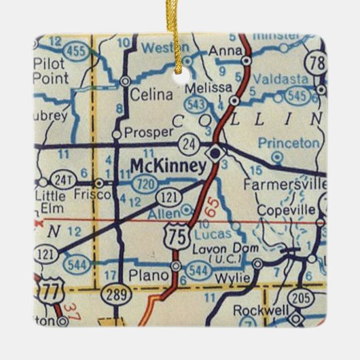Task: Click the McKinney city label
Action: point(167,166)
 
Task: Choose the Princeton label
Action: point(289,143)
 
